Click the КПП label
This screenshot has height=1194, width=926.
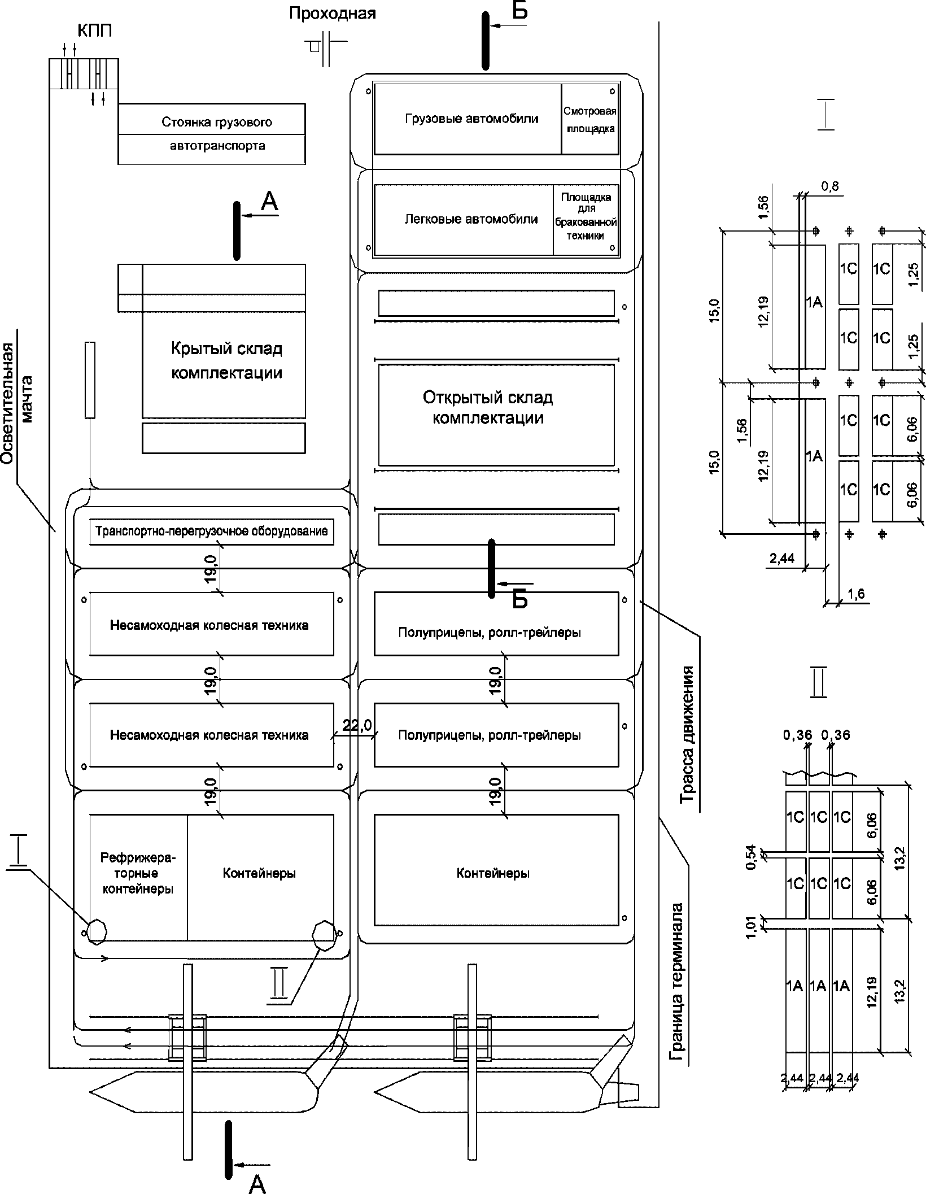(x=94, y=31)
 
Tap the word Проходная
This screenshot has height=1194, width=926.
(x=332, y=13)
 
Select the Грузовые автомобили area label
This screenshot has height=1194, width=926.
(x=471, y=119)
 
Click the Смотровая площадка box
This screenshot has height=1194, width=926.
(x=589, y=120)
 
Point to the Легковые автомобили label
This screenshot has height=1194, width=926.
(x=471, y=219)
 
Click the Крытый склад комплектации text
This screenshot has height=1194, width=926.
(x=226, y=360)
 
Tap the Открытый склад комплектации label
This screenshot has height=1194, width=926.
(x=488, y=407)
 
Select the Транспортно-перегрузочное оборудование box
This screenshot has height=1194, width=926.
(x=212, y=531)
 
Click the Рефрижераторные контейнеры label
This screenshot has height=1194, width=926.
(x=138, y=873)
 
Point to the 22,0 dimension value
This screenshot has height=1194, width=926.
(x=357, y=726)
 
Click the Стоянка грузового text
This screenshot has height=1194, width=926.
(x=217, y=122)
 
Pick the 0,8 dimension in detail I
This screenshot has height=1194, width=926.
(x=830, y=187)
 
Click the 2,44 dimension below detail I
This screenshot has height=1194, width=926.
(x=781, y=559)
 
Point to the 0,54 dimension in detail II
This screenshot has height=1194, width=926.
(x=751, y=857)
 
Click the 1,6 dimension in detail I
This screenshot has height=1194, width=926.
(x=855, y=594)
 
